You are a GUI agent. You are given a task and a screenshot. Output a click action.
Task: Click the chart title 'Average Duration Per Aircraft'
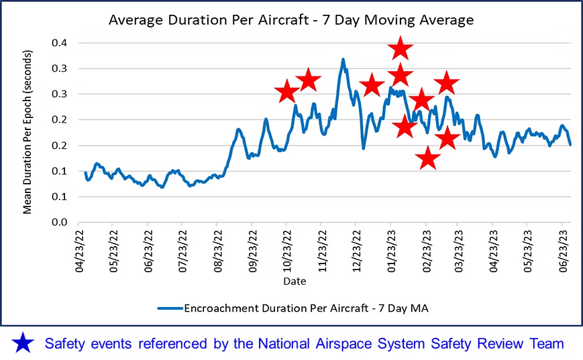click(x=291, y=20)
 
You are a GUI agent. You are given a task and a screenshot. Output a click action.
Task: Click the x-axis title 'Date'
click(x=294, y=282)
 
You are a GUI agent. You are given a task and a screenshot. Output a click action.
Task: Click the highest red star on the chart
click(x=401, y=48)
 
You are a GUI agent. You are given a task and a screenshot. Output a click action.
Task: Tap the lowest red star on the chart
click(x=428, y=159)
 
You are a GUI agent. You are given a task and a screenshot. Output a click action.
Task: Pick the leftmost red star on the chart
click(x=286, y=92)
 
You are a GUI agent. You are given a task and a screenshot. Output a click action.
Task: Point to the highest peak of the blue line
click(x=343, y=59)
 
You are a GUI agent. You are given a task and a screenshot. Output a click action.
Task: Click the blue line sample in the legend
click(x=172, y=308)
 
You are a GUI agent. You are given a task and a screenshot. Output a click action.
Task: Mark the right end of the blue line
click(x=571, y=145)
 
